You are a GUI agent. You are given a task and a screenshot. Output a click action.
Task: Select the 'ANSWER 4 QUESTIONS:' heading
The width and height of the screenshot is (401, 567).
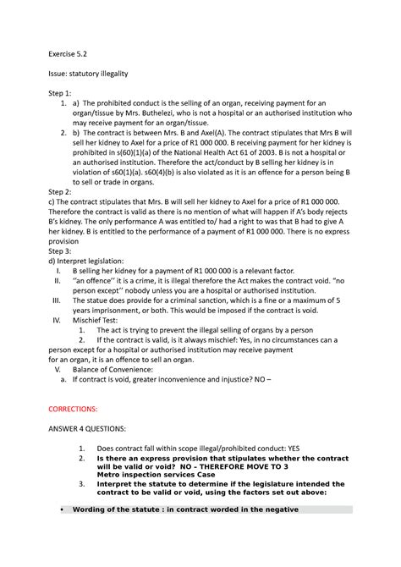[96, 430]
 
